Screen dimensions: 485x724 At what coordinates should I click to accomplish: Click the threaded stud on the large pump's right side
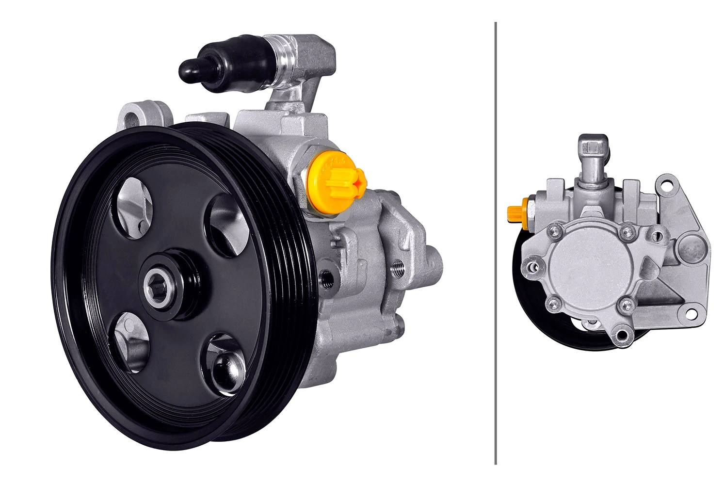(x=397, y=267)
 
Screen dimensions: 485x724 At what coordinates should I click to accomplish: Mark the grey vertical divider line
(x=496, y=242)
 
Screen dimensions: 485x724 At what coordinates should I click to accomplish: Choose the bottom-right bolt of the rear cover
(x=627, y=305)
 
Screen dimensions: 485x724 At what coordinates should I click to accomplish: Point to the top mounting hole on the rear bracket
(x=670, y=185)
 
